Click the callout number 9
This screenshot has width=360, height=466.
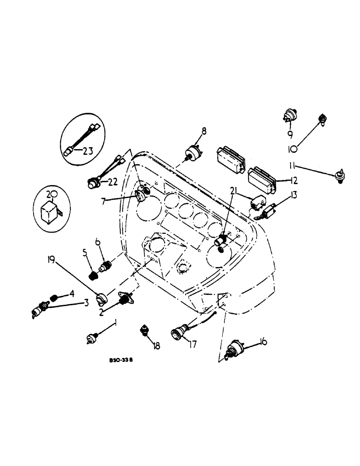[290, 134]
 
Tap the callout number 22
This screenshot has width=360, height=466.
[112, 181]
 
